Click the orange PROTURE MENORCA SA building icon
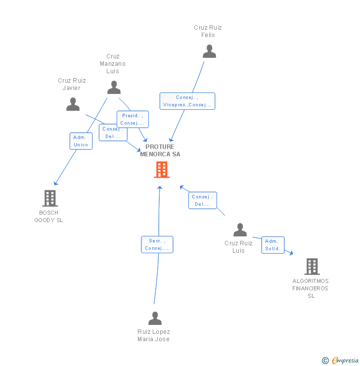[161, 170]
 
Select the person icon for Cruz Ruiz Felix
[209, 51]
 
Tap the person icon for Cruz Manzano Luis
[114, 88]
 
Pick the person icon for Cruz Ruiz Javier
[73, 104]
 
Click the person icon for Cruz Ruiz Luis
[240, 230]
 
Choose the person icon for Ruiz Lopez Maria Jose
[155, 319]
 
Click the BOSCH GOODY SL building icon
[49, 198]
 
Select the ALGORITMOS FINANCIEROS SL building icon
[312, 267]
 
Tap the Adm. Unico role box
[81, 141]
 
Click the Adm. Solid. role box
[272, 245]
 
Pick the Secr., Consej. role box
[157, 244]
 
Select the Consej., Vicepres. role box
[187, 101]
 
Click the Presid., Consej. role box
[133, 119]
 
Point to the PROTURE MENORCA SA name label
[160, 150]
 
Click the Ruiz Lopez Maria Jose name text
[153, 335]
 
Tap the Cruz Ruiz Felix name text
[208, 31]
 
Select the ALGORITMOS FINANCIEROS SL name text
[311, 288]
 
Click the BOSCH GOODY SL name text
[48, 217]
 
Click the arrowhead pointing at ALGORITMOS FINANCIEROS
[291, 253]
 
